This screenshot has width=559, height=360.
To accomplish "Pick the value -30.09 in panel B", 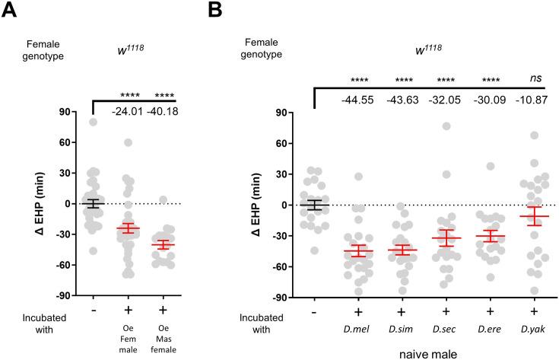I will [490, 100].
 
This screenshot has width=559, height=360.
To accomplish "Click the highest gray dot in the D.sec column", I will [447, 126].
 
